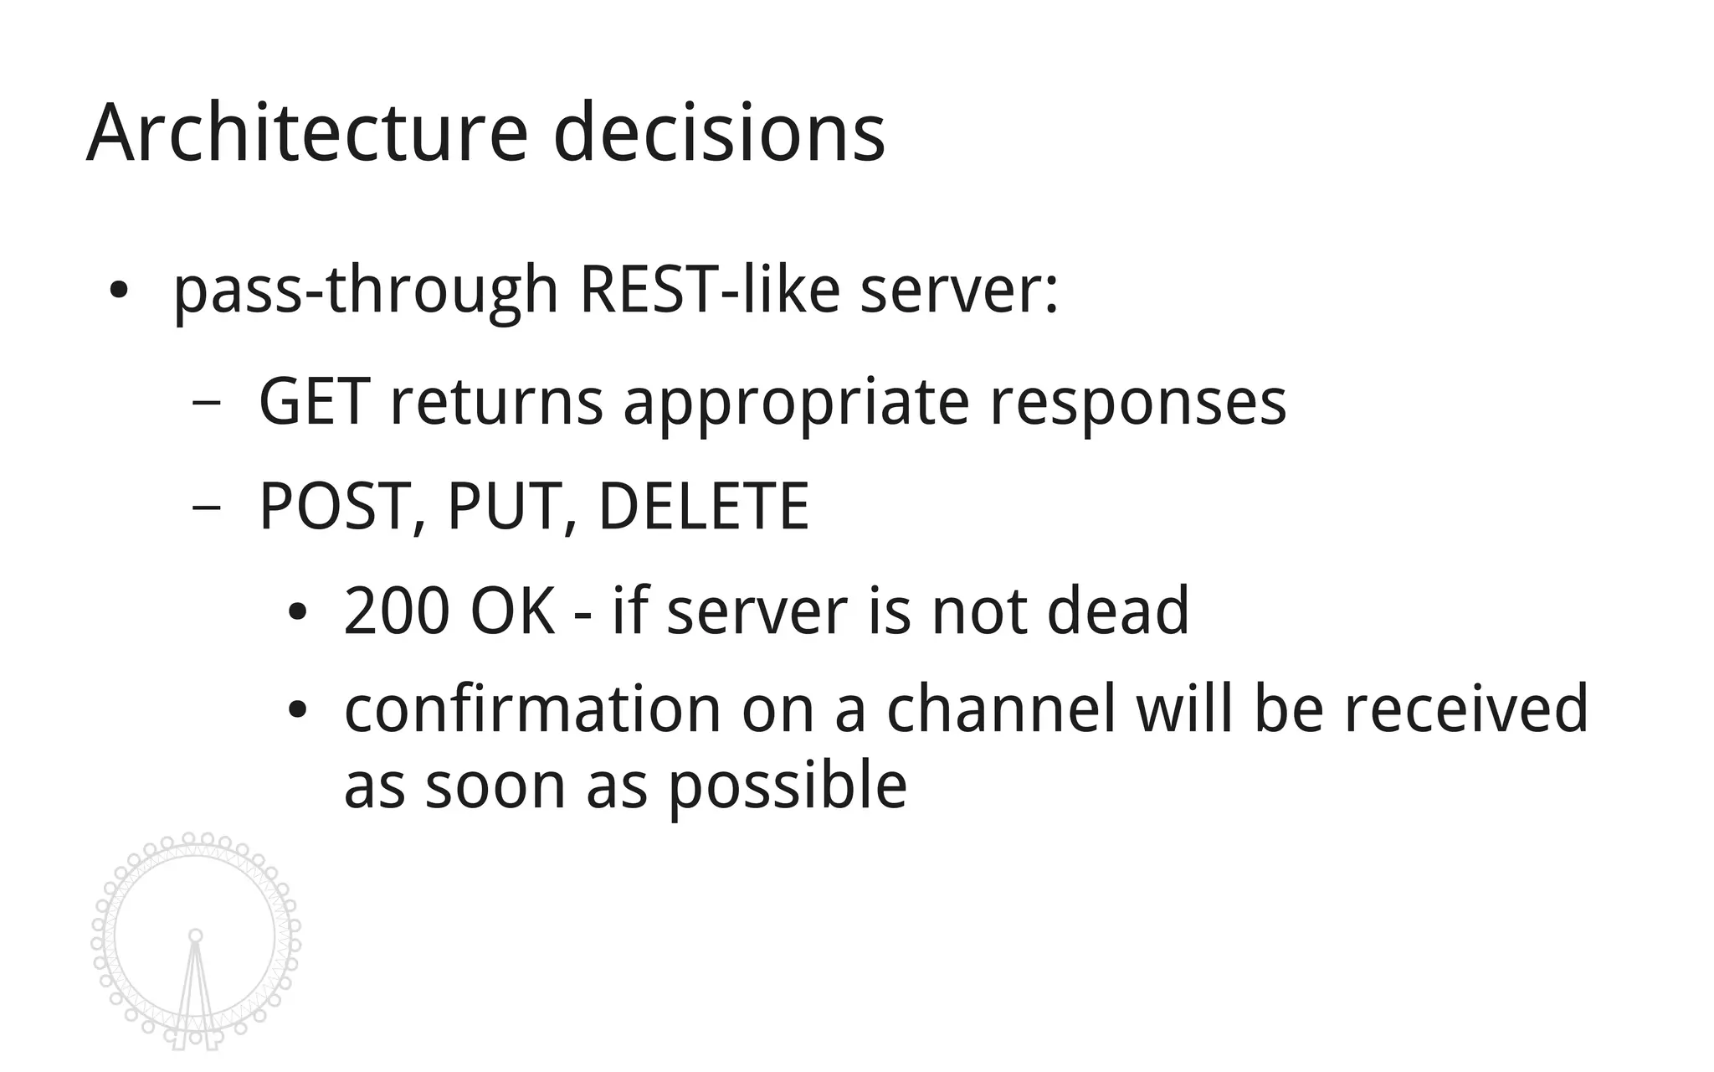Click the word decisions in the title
[719, 134]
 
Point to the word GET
[315, 402]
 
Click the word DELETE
[704, 507]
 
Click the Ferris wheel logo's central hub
[195, 935]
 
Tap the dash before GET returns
[206, 403]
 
